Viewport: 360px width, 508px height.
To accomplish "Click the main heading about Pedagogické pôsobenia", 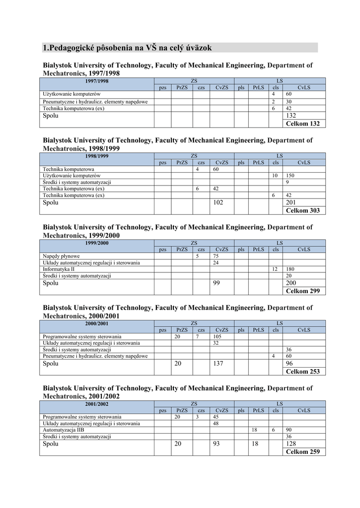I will coord(128,48).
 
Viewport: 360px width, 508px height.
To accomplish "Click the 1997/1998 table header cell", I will coord(97,81).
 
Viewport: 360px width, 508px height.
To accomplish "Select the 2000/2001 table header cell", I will coord(97,323).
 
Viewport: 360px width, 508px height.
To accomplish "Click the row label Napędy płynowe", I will coord(62,256).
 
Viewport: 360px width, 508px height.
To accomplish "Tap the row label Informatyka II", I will coord(59,269).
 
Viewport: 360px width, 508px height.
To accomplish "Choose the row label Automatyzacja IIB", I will coord(64,430).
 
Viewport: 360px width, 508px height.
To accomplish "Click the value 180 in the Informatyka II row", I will coord(290,269).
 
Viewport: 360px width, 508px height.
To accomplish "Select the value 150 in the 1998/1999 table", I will coord(290,176).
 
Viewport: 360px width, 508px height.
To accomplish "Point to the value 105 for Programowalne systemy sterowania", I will coord(217,336).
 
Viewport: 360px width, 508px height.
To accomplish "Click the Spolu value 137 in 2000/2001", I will coord(218,363).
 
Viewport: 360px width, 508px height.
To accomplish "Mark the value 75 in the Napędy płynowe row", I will coord(216,256).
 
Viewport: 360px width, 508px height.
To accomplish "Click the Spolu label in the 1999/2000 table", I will coord(51,283).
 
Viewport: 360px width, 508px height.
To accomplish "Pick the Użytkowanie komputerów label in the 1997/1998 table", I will coord(72,94).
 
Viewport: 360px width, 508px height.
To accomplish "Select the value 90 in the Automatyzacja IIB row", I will coord(289,430).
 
